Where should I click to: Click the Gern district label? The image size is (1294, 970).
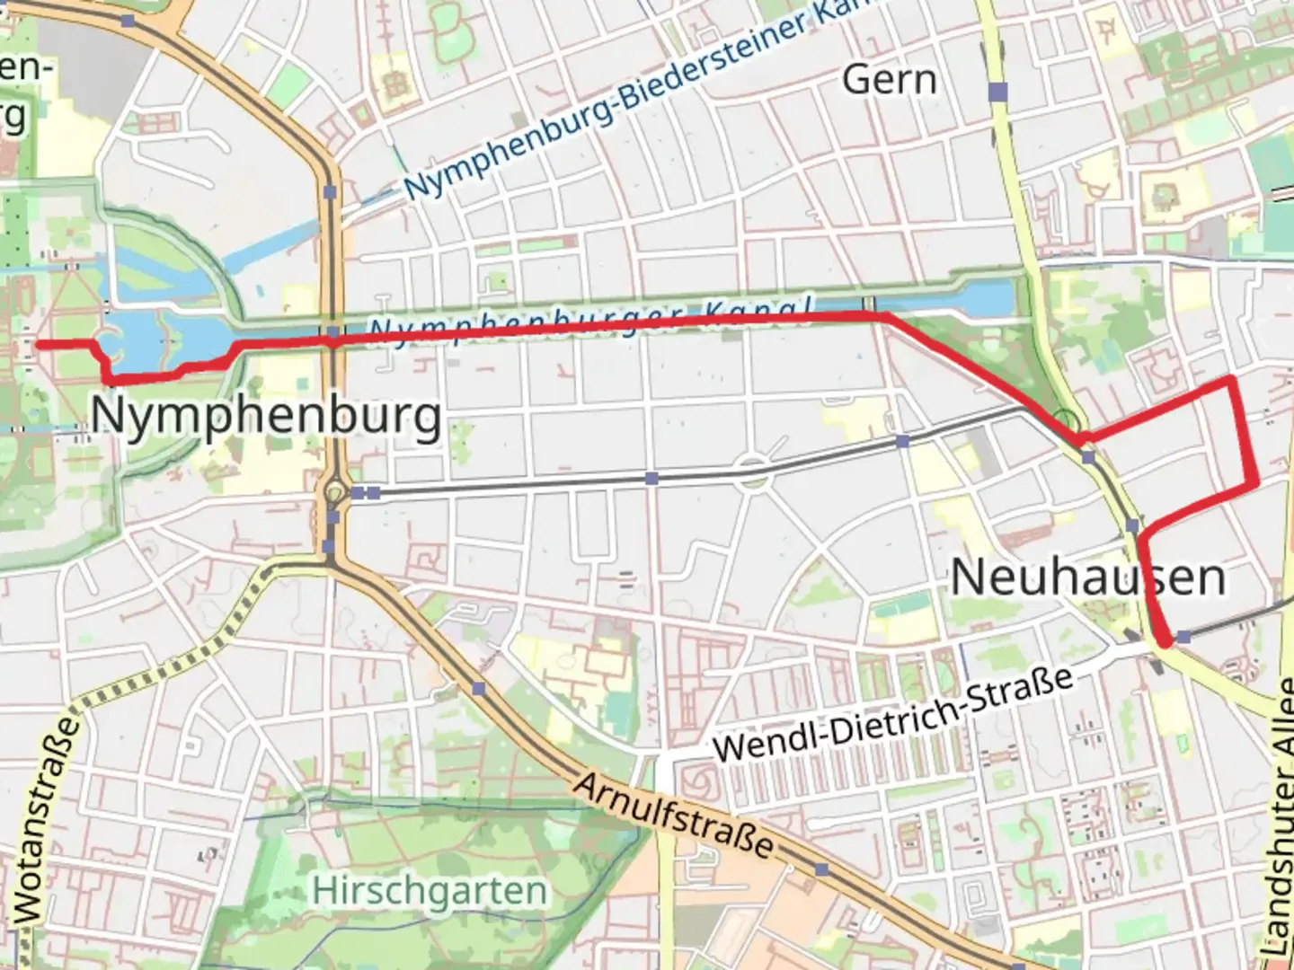click(890, 80)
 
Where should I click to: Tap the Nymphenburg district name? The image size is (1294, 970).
click(266, 417)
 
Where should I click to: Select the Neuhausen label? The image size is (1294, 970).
click(1087, 577)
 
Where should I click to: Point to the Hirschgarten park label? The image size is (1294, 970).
click(430, 891)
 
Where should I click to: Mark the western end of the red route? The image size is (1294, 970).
click(38, 344)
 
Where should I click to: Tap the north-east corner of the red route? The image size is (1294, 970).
click(1230, 381)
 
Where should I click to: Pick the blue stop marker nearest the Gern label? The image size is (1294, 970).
click(997, 91)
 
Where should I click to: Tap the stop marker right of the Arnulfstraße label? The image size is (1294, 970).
click(821, 869)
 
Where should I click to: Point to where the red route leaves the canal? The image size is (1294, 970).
click(885, 316)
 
